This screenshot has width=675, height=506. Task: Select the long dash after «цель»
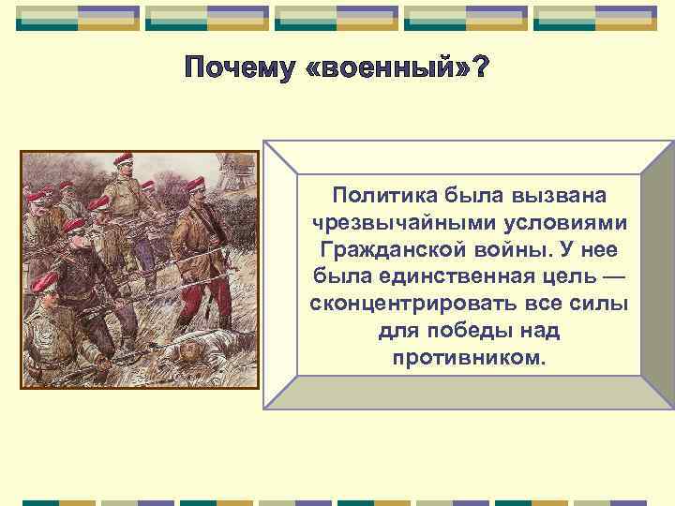point(619,279)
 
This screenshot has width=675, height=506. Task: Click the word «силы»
point(597,306)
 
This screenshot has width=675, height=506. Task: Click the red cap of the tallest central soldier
point(124,159)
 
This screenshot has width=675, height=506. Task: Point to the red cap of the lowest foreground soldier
point(43,284)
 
